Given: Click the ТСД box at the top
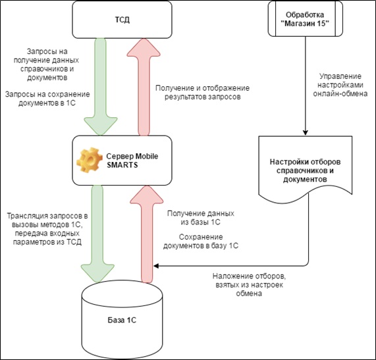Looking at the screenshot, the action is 122,20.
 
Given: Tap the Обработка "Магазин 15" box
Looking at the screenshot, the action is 305,19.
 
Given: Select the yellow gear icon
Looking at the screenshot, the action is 88,160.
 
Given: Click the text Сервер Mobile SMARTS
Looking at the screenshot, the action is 132,161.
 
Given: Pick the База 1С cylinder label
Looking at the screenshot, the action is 122,321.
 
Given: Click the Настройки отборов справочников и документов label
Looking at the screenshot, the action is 305,170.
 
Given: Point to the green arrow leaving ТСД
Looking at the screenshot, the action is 101,87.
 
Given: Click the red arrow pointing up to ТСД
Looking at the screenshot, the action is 144,87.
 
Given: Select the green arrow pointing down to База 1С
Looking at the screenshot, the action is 97,234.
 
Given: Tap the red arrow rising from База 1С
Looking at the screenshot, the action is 147,234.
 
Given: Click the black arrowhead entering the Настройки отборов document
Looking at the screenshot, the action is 306,133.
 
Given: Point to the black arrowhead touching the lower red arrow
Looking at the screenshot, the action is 156,266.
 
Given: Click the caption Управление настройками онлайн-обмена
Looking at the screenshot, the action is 340,85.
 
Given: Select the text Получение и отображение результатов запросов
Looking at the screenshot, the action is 202,92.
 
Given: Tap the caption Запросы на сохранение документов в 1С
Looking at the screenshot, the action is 47,99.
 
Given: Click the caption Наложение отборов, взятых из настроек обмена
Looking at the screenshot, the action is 249,285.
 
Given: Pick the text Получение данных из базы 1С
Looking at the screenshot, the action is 200,218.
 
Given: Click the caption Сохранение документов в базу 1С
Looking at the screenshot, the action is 201,242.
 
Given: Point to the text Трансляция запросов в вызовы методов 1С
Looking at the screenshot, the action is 47,220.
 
